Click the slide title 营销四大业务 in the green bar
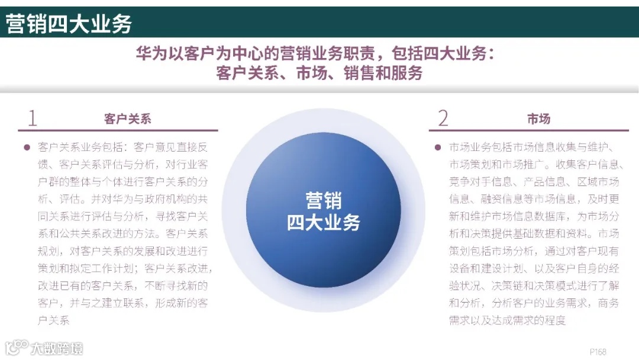[x=69, y=24]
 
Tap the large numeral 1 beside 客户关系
[x=32, y=118]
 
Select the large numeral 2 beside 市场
[x=443, y=118]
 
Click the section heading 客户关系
[x=128, y=119]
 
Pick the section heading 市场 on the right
[x=538, y=119]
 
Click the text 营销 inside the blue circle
[x=323, y=200]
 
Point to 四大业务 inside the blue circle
[x=323, y=222]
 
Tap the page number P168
[x=598, y=351]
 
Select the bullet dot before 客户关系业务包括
[x=26, y=147]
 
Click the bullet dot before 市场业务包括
[x=437, y=147]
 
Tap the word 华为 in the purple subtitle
[x=148, y=54]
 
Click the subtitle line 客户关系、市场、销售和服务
[x=319, y=73]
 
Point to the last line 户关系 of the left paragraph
[x=54, y=321]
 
